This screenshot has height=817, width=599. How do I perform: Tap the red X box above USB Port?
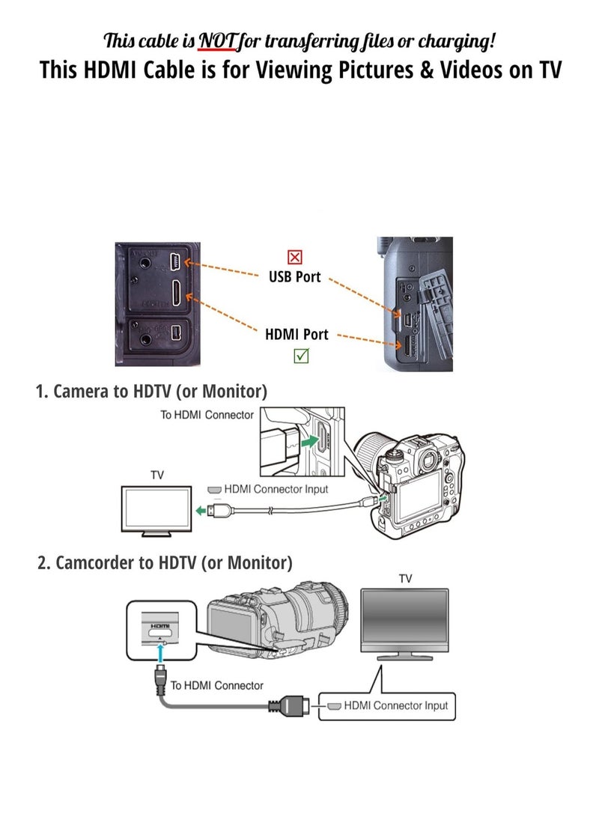(295, 258)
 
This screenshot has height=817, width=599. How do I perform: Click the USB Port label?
(295, 277)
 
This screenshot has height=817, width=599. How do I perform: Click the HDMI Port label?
(297, 334)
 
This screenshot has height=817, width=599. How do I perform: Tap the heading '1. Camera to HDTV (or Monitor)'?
(151, 391)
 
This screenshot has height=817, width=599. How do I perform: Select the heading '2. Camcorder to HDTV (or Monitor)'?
(165, 562)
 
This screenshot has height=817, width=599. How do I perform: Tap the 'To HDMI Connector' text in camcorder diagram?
(216, 685)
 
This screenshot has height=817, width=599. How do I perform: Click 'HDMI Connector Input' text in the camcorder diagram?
(395, 705)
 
